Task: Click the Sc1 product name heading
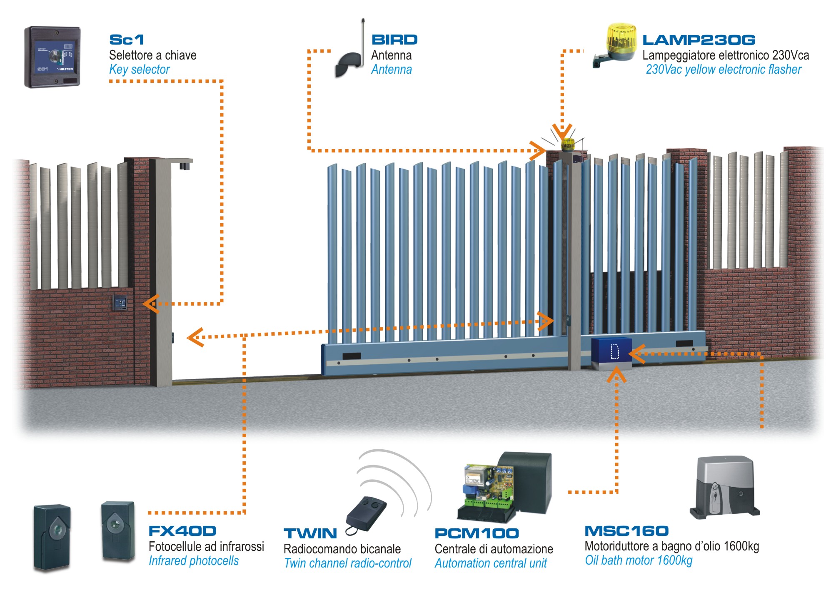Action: click(x=127, y=40)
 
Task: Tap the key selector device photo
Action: click(x=52, y=57)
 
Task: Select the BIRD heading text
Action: click(x=394, y=40)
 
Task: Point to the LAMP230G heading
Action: click(x=699, y=40)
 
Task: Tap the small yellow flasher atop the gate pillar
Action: click(x=568, y=144)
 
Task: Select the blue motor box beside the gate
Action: click(x=611, y=352)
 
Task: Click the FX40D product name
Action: click(x=182, y=531)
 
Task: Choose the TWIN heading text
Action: click(x=310, y=533)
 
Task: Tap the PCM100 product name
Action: click(x=477, y=533)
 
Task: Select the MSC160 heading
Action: click(x=626, y=531)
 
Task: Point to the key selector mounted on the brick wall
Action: click(x=120, y=303)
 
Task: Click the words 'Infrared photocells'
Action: click(x=194, y=561)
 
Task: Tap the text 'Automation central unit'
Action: click(x=490, y=563)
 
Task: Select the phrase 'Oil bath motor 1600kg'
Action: click(x=639, y=560)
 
